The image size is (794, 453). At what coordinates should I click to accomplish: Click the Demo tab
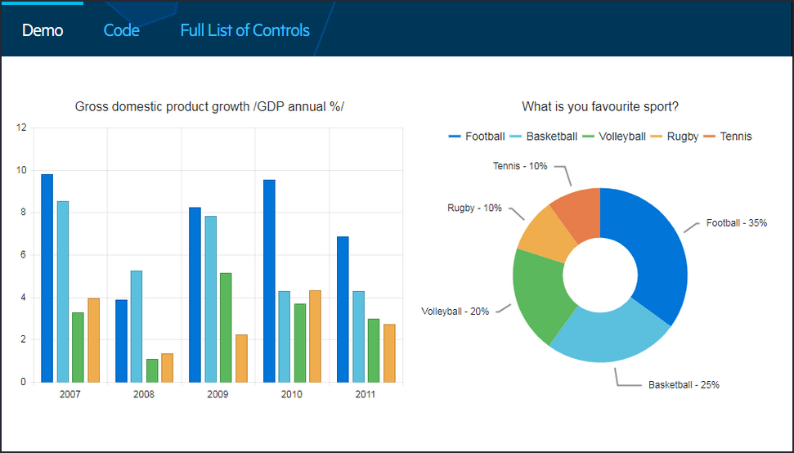(x=43, y=30)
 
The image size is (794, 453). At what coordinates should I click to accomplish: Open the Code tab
(x=121, y=30)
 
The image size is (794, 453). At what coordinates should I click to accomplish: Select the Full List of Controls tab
(x=244, y=30)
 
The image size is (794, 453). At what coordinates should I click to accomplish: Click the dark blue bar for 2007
(x=47, y=278)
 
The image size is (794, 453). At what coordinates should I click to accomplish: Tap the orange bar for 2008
(x=168, y=368)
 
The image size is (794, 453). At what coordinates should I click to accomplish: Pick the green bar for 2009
(x=226, y=327)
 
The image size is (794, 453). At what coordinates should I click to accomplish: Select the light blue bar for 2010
(x=284, y=336)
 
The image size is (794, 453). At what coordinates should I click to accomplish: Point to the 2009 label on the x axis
(x=218, y=394)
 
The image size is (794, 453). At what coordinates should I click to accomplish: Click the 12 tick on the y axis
(x=21, y=128)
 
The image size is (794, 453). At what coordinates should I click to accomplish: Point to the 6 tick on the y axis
(x=23, y=255)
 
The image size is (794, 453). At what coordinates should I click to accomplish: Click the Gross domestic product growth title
(x=209, y=106)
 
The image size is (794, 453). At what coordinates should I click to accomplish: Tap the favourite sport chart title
(x=600, y=106)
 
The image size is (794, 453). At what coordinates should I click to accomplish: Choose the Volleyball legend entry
(x=614, y=137)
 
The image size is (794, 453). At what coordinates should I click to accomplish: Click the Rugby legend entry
(x=675, y=137)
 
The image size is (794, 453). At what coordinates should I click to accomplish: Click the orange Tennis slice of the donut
(x=577, y=213)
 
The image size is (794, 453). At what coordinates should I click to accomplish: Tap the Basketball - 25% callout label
(x=684, y=384)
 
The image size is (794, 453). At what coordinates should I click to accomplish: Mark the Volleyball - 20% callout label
(x=455, y=312)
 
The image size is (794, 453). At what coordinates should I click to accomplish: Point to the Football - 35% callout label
(x=737, y=222)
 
